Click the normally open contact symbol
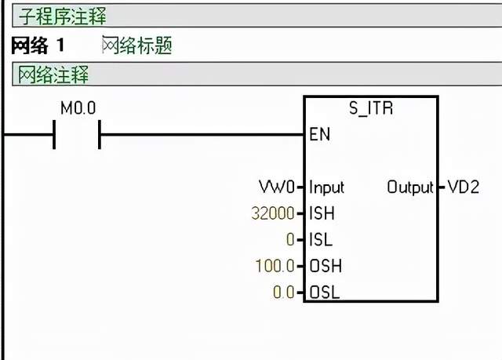point(77,136)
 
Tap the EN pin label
point(320,135)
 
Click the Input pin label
point(326,187)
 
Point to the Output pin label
point(409,187)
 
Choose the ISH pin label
point(322,213)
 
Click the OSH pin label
point(325,266)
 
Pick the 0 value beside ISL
point(289,240)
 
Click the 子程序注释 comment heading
point(64,16)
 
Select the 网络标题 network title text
point(136,45)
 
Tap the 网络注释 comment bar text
point(54,75)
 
